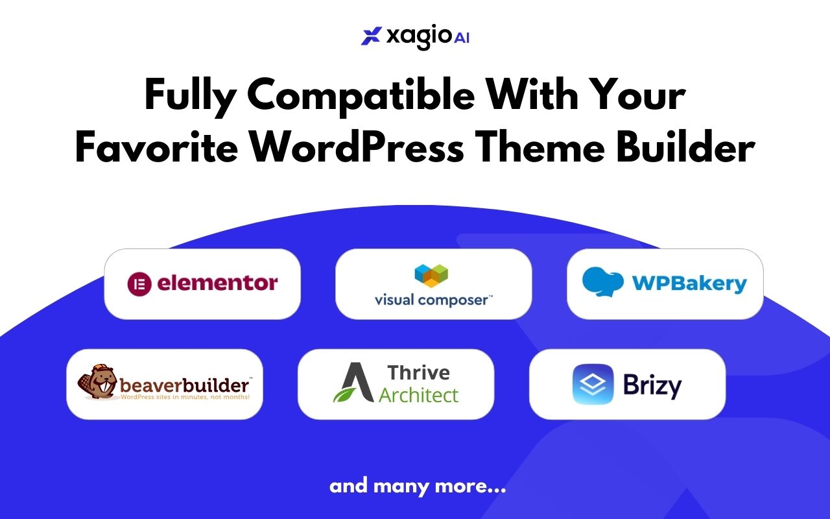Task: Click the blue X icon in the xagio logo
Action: coord(372,36)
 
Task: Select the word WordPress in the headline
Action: coord(357,149)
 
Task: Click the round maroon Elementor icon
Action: coord(139,284)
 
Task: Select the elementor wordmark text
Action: coord(217,283)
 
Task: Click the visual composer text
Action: coord(433,300)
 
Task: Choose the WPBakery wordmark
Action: coord(689,284)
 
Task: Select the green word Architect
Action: coord(419,395)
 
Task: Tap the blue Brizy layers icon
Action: coord(593,384)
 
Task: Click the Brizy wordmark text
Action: coord(652,385)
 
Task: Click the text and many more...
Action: coord(418,486)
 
